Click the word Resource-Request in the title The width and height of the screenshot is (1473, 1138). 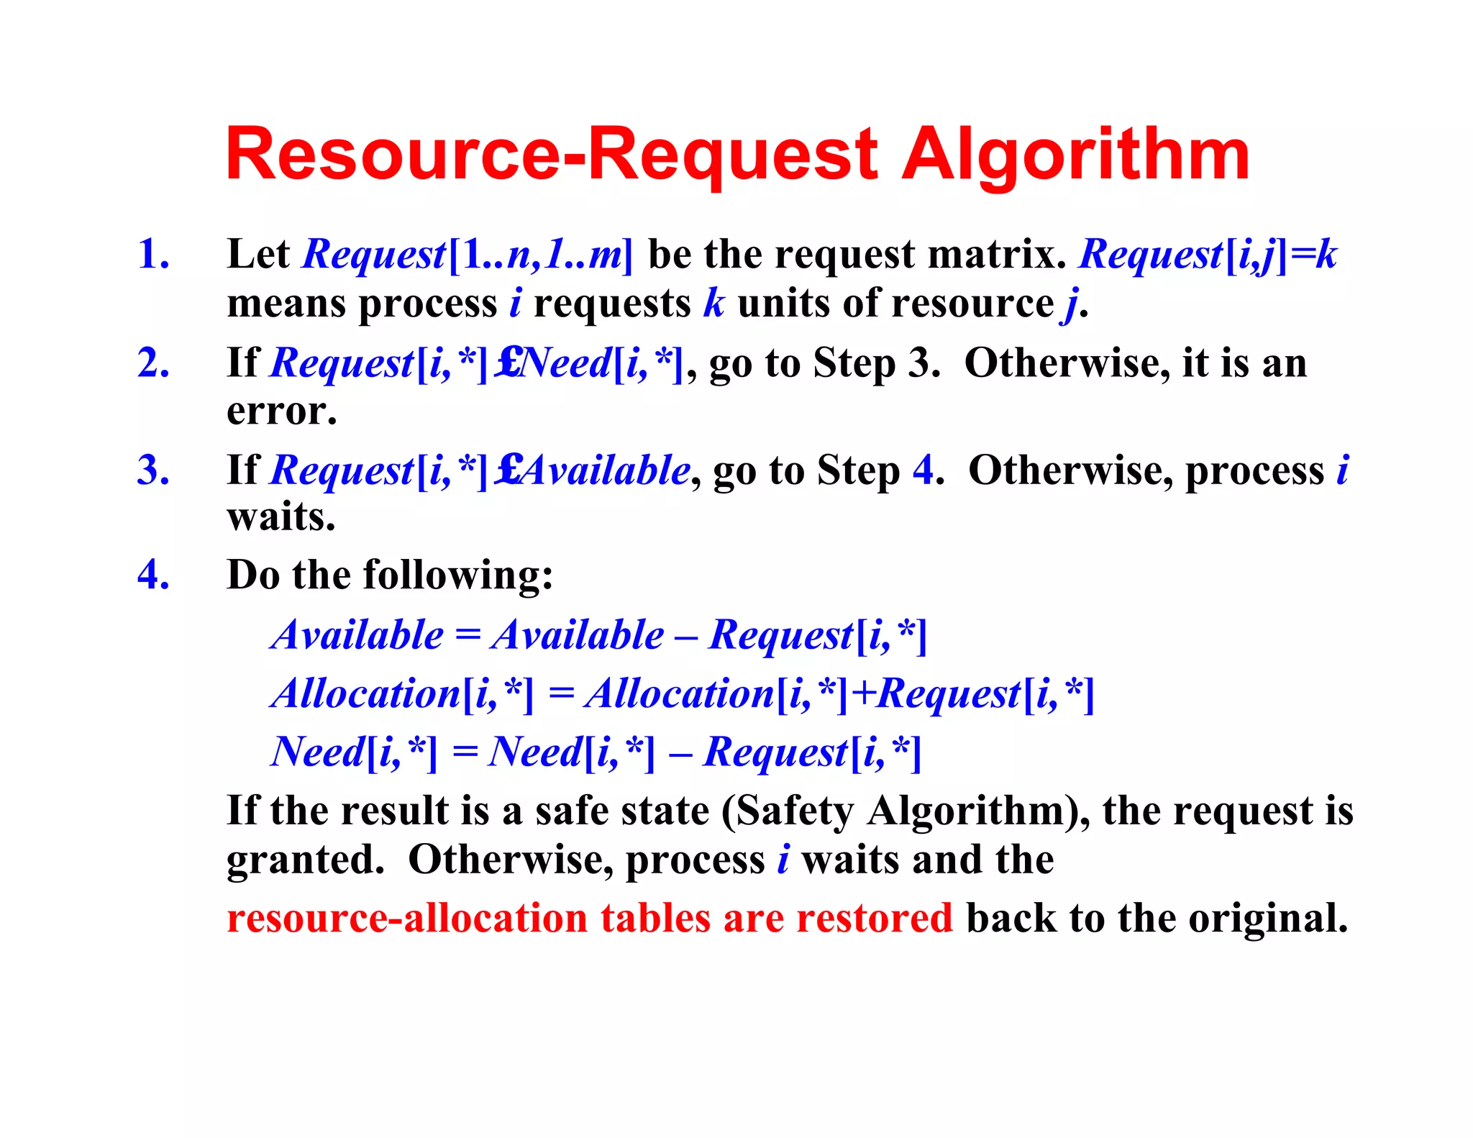(552, 155)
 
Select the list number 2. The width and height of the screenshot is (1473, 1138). (153, 363)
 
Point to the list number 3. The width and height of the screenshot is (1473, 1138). (153, 470)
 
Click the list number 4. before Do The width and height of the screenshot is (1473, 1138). (153, 575)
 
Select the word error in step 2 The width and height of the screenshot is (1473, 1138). (281, 411)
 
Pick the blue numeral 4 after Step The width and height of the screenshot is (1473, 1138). (924, 470)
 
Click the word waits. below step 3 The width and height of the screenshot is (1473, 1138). (281, 517)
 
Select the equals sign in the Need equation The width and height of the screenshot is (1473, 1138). (465, 752)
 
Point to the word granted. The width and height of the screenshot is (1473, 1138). (306, 860)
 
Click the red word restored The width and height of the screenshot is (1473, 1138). (874, 919)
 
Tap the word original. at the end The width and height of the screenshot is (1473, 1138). (1267, 919)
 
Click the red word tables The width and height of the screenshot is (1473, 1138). (655, 919)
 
